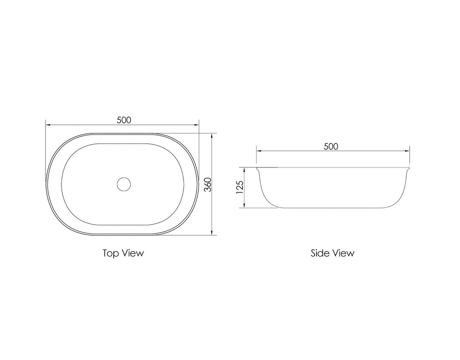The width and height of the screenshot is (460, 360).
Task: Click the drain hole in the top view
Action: (x=124, y=184)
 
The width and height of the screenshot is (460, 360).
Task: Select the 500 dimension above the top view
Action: (x=124, y=120)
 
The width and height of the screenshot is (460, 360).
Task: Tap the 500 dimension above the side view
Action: (x=331, y=146)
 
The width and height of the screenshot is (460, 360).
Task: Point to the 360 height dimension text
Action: (x=207, y=184)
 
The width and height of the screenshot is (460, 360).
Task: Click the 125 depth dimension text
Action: (x=239, y=188)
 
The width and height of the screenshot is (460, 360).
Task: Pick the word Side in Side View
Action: (x=320, y=253)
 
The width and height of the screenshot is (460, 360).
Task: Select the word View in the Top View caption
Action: (x=133, y=253)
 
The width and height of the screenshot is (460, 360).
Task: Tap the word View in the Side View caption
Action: (x=343, y=253)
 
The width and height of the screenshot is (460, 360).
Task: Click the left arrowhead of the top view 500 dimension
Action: (x=48, y=125)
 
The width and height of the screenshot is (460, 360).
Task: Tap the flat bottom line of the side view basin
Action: (x=332, y=208)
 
